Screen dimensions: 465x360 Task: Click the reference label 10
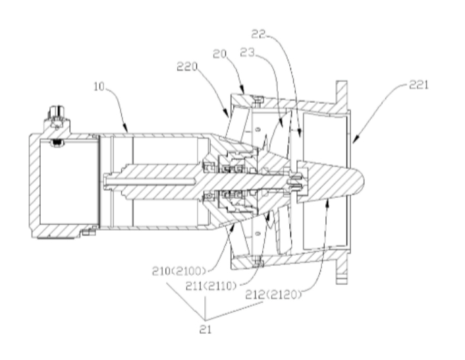pos(99,86)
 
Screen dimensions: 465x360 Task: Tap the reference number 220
pos(187,67)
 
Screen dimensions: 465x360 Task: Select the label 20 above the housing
pos(220,53)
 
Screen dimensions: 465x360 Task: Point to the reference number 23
pos(248,53)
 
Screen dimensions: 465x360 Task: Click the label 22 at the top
pos(258,34)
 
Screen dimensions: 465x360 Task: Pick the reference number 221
pos(419,85)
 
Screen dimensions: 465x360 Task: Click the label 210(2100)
pos(179,271)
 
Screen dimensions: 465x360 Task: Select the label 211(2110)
pos(211,286)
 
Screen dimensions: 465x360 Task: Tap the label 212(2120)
pos(273,295)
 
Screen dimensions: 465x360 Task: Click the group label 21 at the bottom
pos(205,329)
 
